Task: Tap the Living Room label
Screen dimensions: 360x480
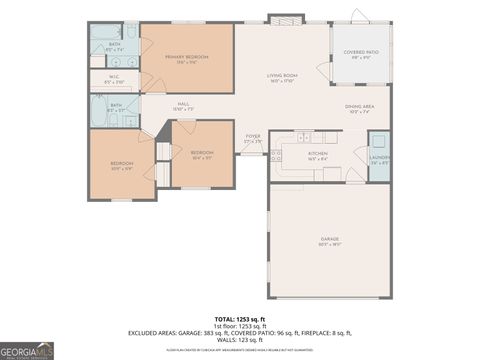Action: point(282,77)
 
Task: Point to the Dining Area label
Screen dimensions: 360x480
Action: point(359,108)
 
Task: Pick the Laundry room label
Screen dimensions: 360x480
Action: point(379,160)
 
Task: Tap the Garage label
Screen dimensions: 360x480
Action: point(329,239)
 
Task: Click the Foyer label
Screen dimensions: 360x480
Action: point(253,140)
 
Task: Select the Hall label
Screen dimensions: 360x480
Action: point(184,105)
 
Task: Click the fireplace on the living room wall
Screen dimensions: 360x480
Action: point(283,20)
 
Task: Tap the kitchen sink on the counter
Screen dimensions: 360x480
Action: point(306,136)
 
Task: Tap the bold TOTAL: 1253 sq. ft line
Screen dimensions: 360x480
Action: point(240,317)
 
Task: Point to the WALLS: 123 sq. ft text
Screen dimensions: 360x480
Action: point(240,340)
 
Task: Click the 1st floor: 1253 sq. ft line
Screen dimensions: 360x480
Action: point(240,325)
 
